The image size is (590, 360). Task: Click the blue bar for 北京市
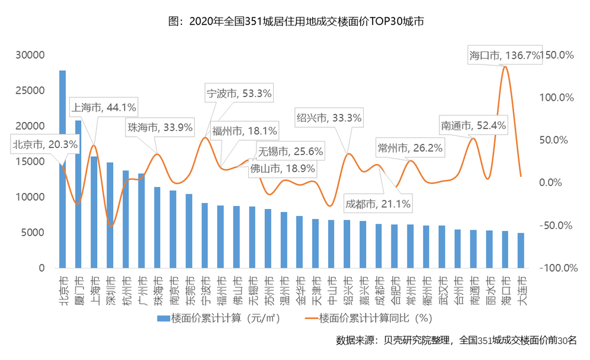(62, 172)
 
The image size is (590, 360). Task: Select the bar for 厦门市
(78, 195)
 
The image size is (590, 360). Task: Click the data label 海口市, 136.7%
(505, 55)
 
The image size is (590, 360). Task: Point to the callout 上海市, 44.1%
(104, 108)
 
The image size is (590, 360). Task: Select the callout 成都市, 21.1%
(379, 204)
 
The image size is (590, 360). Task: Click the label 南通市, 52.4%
(465, 126)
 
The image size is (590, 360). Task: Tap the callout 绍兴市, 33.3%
(329, 117)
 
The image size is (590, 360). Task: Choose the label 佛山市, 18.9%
(283, 168)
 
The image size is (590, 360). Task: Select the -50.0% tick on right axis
(559, 226)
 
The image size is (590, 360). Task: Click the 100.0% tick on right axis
(559, 97)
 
